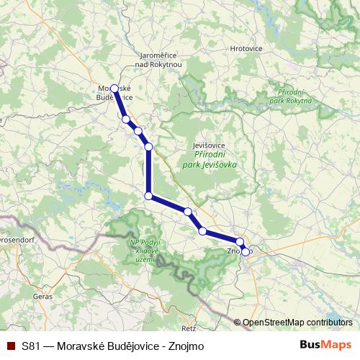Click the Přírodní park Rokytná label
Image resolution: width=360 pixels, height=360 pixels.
click(293, 96)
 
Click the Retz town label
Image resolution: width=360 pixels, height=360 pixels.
click(189, 318)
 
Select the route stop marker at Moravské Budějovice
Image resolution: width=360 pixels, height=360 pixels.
click(114, 89)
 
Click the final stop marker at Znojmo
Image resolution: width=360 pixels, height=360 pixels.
click(246, 251)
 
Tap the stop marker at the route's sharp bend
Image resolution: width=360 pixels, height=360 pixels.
click(148, 196)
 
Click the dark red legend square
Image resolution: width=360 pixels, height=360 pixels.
click(11, 346)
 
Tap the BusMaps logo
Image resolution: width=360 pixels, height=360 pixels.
click(325, 345)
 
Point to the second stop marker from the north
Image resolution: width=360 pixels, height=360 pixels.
click(125, 119)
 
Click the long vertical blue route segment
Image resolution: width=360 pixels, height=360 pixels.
click(148, 171)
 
